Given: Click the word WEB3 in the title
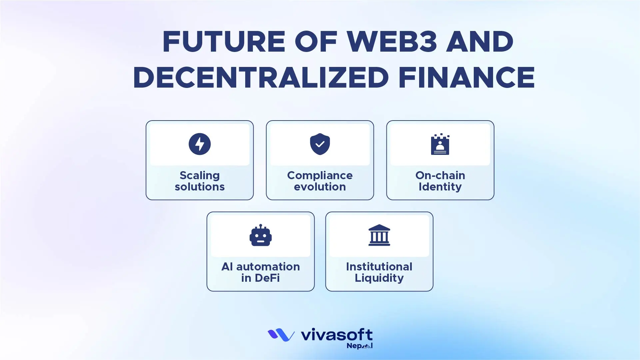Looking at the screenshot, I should (x=392, y=42).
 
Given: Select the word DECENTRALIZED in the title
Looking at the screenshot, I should (x=261, y=78).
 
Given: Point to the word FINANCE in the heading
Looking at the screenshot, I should (x=466, y=78).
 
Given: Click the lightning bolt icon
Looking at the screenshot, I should (x=200, y=144).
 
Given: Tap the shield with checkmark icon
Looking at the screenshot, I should (x=320, y=144).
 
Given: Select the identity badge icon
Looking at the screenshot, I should (x=440, y=145).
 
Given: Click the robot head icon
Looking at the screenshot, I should (x=261, y=236).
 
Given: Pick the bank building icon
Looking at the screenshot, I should (x=379, y=235).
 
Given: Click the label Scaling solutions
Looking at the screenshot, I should (x=200, y=181).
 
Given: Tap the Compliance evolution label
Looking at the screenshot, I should (x=320, y=181).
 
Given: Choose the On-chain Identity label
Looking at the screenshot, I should (x=440, y=181).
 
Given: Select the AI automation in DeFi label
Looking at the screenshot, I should (x=261, y=272).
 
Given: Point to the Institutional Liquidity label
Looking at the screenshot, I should (x=379, y=272).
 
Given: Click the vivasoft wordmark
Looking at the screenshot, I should (x=336, y=335).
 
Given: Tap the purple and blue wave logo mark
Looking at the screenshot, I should (x=281, y=335).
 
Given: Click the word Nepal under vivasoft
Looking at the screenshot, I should (x=359, y=346).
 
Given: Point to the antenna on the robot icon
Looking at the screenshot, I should (x=261, y=226).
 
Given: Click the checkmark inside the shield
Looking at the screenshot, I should (x=320, y=144).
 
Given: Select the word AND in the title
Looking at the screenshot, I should (x=480, y=42).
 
